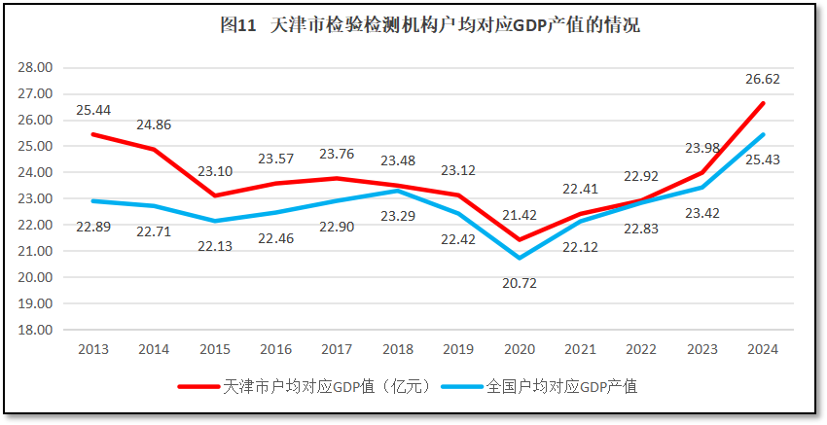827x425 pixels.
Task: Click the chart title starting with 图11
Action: click(x=429, y=26)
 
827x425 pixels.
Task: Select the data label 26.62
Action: click(x=762, y=80)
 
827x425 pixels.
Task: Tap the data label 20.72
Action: click(x=520, y=283)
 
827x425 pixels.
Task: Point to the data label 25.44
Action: click(x=93, y=110)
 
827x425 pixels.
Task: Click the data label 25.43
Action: click(x=762, y=159)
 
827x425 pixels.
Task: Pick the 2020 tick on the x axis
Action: click(x=520, y=349)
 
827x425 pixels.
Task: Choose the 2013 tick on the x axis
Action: click(x=93, y=349)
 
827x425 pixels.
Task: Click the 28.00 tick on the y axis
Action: click(x=35, y=68)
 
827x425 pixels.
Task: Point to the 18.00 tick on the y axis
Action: click(x=35, y=330)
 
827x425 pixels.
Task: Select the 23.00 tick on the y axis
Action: click(x=35, y=198)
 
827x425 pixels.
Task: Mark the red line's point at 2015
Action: click(x=215, y=195)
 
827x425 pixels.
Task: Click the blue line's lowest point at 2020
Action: click(x=520, y=258)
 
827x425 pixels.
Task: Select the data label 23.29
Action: click(x=398, y=214)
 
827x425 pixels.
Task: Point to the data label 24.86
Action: click(x=155, y=125)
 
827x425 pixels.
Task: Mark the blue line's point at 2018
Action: click(x=398, y=191)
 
